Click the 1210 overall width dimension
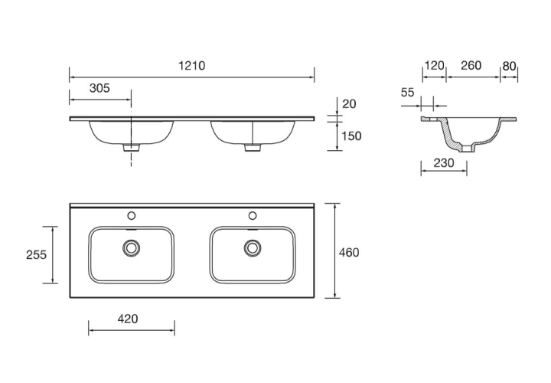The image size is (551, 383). (192, 66)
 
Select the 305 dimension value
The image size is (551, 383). (99, 88)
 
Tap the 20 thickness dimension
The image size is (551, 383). (349, 104)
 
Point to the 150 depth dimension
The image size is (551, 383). (351, 136)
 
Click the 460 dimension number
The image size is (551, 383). (349, 253)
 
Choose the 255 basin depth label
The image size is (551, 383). (36, 254)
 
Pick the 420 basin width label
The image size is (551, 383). (128, 319)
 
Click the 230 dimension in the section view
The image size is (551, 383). (444, 163)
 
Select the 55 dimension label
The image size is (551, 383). (408, 93)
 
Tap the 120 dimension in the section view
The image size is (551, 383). (435, 66)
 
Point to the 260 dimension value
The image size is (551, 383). (471, 65)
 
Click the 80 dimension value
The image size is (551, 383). (509, 66)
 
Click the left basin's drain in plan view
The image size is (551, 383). (132, 248)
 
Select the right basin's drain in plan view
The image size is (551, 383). (253, 248)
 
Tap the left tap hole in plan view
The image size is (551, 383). (132, 215)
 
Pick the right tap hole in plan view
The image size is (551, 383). (253, 215)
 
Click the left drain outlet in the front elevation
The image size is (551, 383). (132, 148)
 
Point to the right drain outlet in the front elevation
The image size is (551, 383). (253, 148)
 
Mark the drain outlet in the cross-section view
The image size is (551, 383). (468, 149)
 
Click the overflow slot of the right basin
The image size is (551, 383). (253, 230)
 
